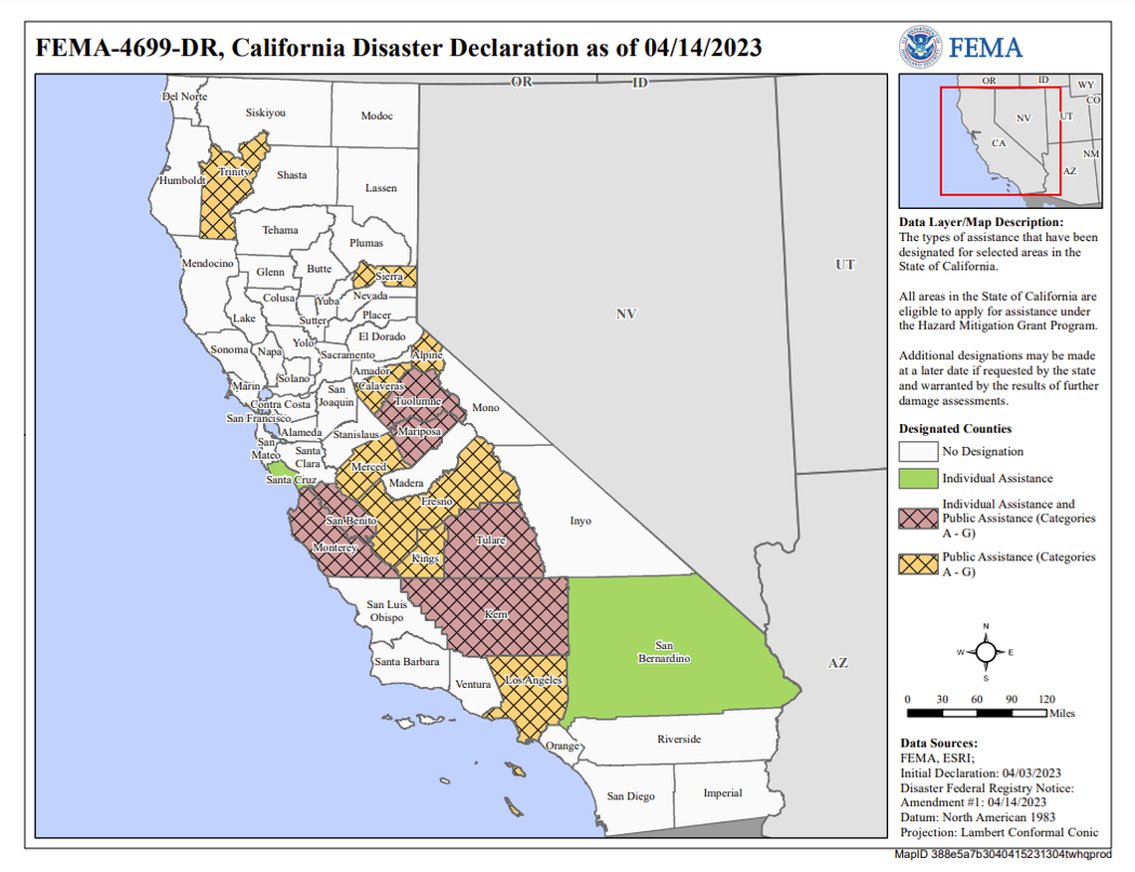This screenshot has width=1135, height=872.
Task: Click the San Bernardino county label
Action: pyautogui.click(x=664, y=652)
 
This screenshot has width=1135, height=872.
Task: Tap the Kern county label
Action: pyautogui.click(x=496, y=615)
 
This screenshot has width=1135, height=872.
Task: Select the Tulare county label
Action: pyautogui.click(x=490, y=540)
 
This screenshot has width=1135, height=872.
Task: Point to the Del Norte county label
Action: pyautogui.click(x=184, y=97)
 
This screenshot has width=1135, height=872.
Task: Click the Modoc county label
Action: pyautogui.click(x=376, y=116)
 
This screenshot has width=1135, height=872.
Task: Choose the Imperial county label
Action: pyautogui.click(x=722, y=793)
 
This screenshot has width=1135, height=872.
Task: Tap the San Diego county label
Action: pyautogui.click(x=631, y=796)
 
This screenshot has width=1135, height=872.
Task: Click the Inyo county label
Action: pyautogui.click(x=579, y=521)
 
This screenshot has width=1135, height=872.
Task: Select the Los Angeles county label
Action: pyautogui.click(x=535, y=681)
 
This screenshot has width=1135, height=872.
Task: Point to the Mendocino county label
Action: pyautogui.click(x=207, y=264)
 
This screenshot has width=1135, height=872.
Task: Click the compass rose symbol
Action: pyautogui.click(x=985, y=652)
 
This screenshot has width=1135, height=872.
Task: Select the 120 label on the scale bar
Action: pyautogui.click(x=1045, y=699)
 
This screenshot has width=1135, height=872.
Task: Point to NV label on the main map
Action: pyautogui.click(x=625, y=315)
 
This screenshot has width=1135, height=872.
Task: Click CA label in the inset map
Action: pyautogui.click(x=999, y=143)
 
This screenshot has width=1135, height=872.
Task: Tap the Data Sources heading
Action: pyautogui.click(x=938, y=743)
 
